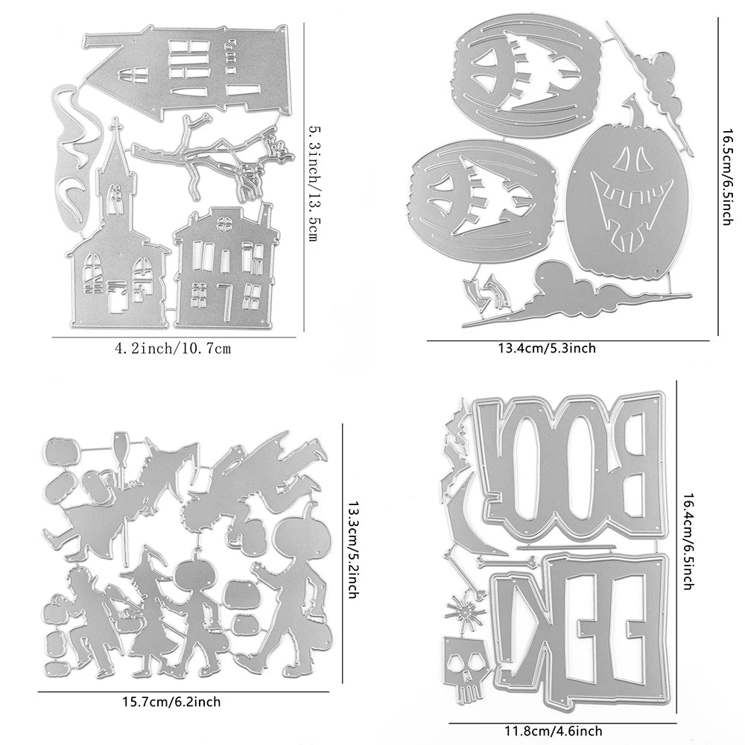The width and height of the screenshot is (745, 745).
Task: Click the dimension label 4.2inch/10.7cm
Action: (x=173, y=349)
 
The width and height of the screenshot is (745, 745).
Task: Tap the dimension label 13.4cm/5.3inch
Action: (x=546, y=348)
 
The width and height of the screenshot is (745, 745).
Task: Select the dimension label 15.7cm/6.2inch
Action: (x=171, y=701)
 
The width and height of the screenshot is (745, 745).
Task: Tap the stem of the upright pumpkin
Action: (x=635, y=108)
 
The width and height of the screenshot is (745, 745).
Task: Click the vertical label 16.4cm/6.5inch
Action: (x=688, y=541)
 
